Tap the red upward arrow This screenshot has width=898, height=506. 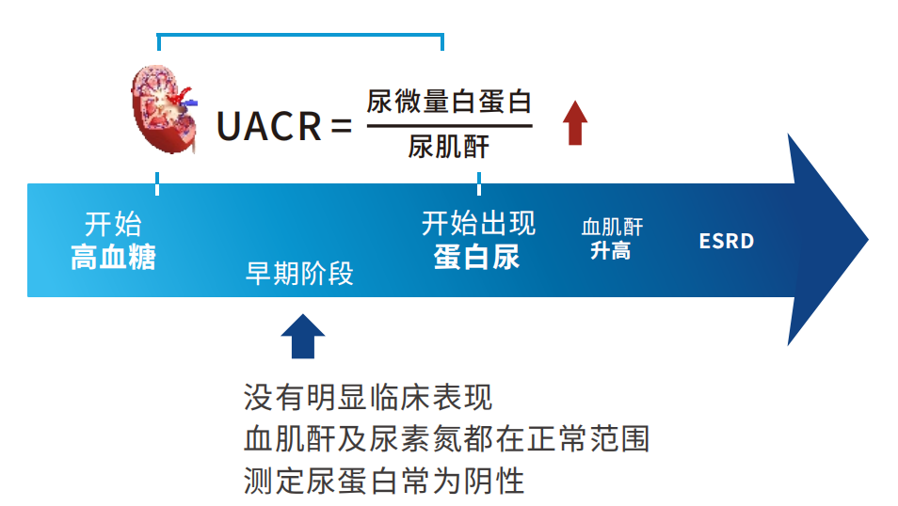tap(575, 123)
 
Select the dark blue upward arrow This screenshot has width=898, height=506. tap(302, 337)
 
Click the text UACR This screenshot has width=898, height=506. tap(268, 126)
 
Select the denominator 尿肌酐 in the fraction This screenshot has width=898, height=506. tap(449, 148)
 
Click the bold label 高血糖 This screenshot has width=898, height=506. tap(113, 257)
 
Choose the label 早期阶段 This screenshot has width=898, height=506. tap(299, 273)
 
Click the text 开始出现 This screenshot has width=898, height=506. tap(478, 224)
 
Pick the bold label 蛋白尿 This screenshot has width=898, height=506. tap(477, 257)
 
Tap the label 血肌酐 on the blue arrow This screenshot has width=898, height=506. tap(612, 227)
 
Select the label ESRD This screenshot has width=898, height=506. tap(727, 241)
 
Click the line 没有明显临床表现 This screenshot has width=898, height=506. tap(368, 397)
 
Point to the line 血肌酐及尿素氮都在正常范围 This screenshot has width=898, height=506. tap(446, 439)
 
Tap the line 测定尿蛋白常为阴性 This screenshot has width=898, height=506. tap(384, 481)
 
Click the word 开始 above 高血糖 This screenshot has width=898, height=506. tap(113, 224)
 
